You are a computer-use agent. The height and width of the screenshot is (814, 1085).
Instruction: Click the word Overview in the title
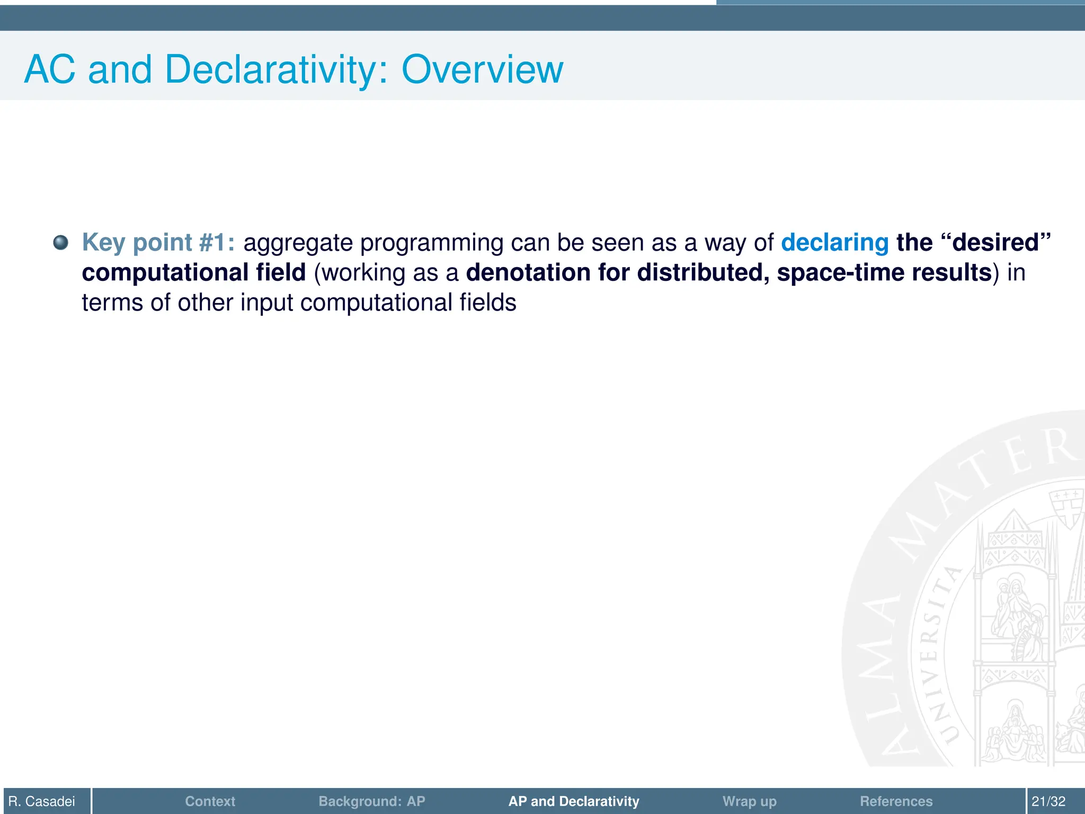(482, 69)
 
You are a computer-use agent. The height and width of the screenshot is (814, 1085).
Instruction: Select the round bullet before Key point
(61, 243)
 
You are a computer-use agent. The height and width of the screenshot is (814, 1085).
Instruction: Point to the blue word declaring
(834, 243)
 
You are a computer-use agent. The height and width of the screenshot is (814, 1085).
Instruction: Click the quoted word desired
(995, 243)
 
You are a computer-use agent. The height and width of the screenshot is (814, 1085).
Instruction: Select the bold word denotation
(528, 272)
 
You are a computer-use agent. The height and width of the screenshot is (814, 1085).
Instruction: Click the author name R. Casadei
(42, 801)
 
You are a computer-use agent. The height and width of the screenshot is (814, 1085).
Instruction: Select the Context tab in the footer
(210, 801)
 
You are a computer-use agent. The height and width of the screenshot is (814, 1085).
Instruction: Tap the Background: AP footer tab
(371, 801)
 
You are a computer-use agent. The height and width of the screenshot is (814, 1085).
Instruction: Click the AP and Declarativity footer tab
(574, 801)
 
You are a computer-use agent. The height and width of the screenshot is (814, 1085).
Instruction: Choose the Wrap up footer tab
(749, 801)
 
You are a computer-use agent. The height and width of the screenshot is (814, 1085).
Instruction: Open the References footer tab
(896, 801)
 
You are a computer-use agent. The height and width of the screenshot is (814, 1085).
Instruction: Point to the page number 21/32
(1048, 801)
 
